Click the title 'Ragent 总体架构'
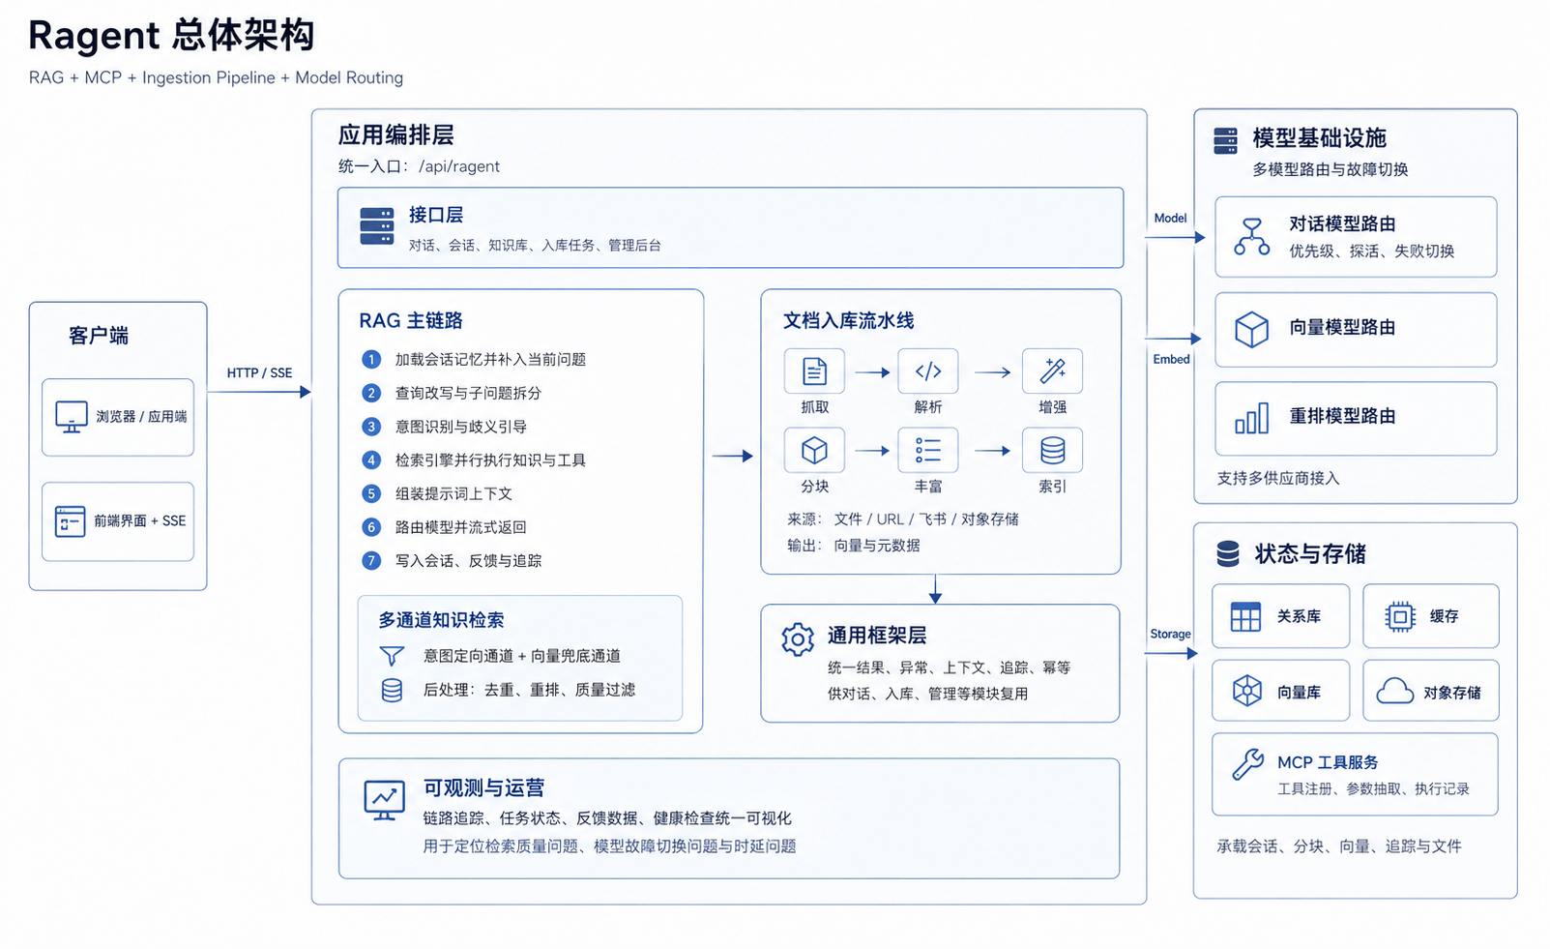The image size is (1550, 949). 171,35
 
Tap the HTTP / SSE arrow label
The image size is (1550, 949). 259,373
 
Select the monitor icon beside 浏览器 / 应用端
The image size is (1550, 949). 72,417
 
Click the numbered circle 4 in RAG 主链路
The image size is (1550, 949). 371,460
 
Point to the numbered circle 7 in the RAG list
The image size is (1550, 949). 371,561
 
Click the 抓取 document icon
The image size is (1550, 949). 814,371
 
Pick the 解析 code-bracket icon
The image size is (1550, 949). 928,371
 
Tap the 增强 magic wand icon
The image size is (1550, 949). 1052,371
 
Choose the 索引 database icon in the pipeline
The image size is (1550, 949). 1052,451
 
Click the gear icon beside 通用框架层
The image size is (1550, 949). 798,638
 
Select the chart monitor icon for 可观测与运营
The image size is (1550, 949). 385,800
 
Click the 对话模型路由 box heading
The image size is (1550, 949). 1342,224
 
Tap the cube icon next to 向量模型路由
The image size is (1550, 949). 1252,330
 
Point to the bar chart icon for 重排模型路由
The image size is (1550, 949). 1252,418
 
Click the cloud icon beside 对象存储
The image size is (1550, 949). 1394,692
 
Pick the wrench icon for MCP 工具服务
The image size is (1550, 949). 1247,765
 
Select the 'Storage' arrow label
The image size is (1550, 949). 1170,634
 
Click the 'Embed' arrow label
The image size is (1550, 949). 1171,359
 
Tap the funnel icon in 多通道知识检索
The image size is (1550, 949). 392,656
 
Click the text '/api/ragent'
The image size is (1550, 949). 458,166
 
